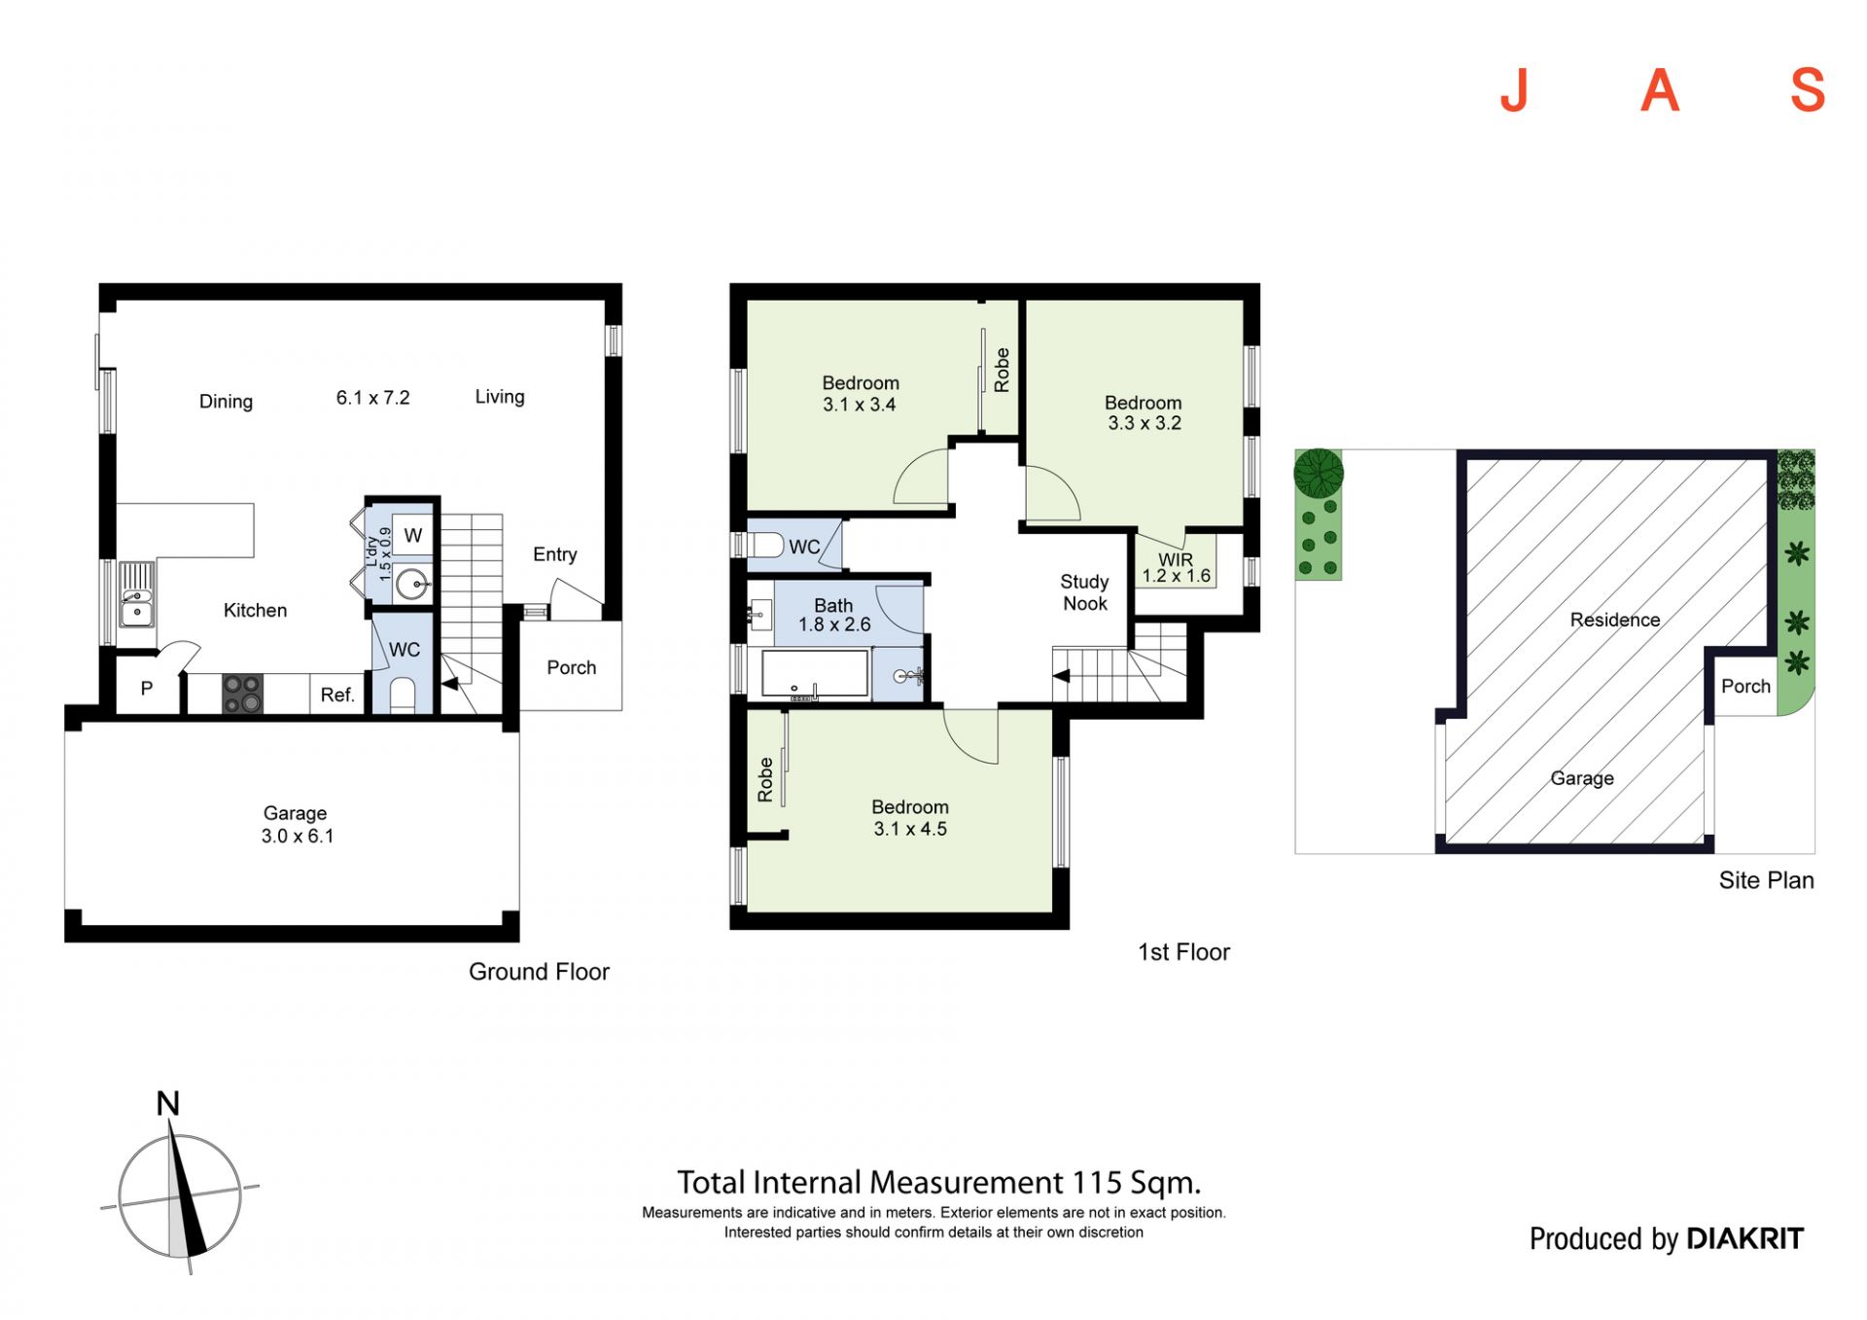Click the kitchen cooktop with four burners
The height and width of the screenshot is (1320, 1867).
tap(242, 695)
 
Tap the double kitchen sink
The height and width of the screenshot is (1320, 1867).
tap(136, 594)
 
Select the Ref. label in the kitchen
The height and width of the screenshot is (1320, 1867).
tap(337, 695)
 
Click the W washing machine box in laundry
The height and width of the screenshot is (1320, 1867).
tap(413, 535)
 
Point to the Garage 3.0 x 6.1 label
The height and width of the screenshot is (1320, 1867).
tap(297, 824)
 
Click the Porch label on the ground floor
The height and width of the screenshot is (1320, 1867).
tap(571, 667)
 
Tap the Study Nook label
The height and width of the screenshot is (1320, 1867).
tap(1084, 592)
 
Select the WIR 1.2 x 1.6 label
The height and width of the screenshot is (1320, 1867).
tap(1176, 568)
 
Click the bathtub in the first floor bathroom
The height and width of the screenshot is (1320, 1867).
tap(815, 673)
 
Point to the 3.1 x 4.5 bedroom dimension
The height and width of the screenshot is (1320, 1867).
tap(910, 829)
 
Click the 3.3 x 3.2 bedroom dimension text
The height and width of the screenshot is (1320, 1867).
tap(1145, 423)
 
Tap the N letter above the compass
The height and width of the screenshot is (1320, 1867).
tap(168, 1103)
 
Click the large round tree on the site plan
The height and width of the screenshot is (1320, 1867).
tap(1319, 473)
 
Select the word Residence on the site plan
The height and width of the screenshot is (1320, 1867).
tap(1615, 620)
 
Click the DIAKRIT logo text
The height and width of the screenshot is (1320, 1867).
tap(1744, 1238)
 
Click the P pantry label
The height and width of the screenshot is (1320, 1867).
tap(147, 689)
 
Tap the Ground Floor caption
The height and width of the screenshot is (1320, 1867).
tap(539, 972)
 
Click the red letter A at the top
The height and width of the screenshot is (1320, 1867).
tap(1660, 90)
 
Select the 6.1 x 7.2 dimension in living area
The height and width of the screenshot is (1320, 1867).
tap(373, 398)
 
